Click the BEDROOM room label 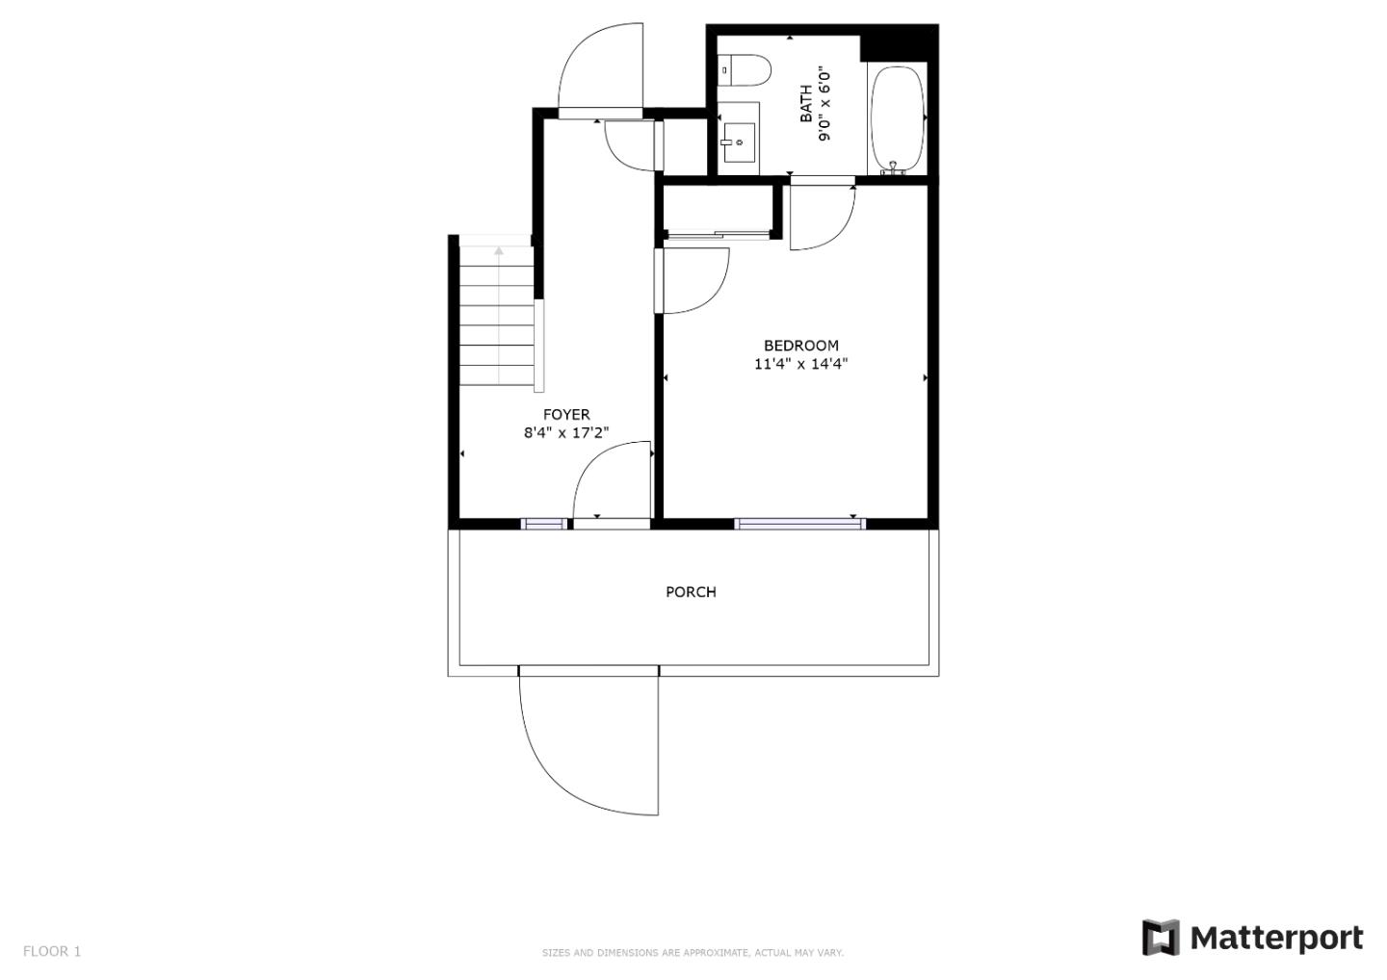(x=800, y=346)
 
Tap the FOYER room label (x=566, y=415)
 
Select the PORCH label (x=691, y=592)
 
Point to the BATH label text (x=806, y=104)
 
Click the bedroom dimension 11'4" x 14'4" (x=800, y=364)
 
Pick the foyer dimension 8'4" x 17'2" (x=566, y=432)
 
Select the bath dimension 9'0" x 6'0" (x=824, y=104)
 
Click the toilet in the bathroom (x=744, y=70)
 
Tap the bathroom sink (x=740, y=142)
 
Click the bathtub (x=898, y=118)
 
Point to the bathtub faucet (x=892, y=168)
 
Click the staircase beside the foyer (x=497, y=316)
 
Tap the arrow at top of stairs (x=499, y=250)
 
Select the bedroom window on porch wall (x=800, y=525)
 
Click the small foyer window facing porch (x=543, y=525)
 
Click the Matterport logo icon (x=1161, y=938)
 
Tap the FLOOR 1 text (x=52, y=951)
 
